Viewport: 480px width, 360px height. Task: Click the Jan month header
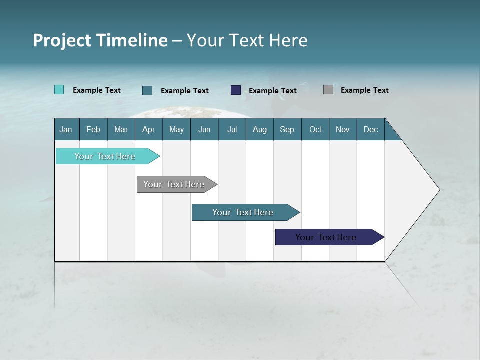pyautogui.click(x=66, y=129)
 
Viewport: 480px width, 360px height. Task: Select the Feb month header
pyautogui.click(x=93, y=129)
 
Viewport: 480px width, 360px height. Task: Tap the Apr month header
pyautogui.click(x=148, y=129)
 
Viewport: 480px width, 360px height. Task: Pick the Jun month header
pyautogui.click(x=204, y=129)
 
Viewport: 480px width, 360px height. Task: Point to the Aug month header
pyautogui.click(x=259, y=129)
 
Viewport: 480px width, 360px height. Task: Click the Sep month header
pyautogui.click(x=287, y=129)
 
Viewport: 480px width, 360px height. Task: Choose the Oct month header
pyautogui.click(x=315, y=129)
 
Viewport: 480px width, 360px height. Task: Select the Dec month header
pyautogui.click(x=370, y=129)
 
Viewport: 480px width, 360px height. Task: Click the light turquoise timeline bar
pyautogui.click(x=105, y=156)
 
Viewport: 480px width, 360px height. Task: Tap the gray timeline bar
pyautogui.click(x=174, y=184)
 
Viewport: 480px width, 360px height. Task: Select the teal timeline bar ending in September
pyautogui.click(x=243, y=212)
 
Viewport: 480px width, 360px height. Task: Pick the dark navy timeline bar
pyautogui.click(x=326, y=237)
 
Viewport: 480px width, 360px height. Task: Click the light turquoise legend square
pyautogui.click(x=59, y=90)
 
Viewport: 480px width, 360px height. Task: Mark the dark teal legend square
pyautogui.click(x=147, y=90)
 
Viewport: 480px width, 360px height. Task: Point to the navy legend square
pyautogui.click(x=236, y=90)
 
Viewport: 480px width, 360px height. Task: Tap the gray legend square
pyautogui.click(x=328, y=90)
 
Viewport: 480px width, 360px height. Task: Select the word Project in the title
pyautogui.click(x=61, y=40)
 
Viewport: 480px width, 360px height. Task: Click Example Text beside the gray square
pyautogui.click(x=364, y=90)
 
